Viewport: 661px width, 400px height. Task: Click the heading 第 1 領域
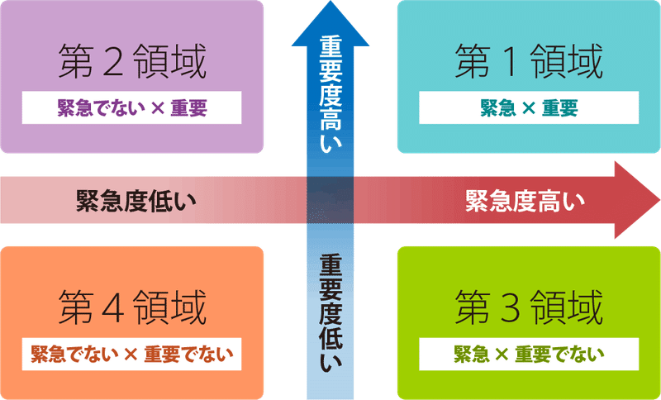(529, 61)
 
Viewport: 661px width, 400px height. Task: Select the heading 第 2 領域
(132, 61)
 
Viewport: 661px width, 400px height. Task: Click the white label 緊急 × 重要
(529, 107)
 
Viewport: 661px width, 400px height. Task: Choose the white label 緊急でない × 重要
(132, 107)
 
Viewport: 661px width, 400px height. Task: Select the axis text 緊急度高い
(525, 200)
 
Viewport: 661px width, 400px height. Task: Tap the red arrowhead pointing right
(636, 200)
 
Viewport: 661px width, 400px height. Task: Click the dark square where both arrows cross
(330, 200)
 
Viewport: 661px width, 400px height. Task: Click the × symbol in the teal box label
(529, 108)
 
